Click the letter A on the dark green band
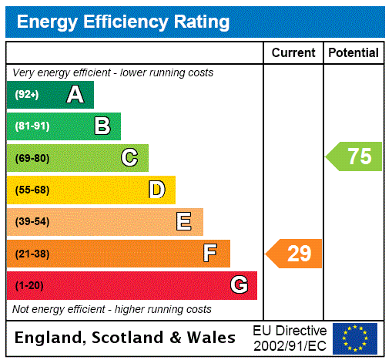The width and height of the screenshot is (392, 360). click(x=75, y=95)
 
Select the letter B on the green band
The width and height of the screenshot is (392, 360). click(x=102, y=126)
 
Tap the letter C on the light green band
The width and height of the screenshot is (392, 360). click(x=129, y=158)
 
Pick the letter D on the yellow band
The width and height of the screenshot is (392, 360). click(x=156, y=190)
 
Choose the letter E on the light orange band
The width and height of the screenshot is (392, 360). click(x=184, y=222)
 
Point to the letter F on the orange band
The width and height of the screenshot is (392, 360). click(x=210, y=253)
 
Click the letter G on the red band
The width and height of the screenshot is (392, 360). click(x=239, y=285)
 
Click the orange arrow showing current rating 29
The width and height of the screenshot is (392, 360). click(x=294, y=253)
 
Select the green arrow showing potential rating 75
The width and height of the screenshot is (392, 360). click(x=354, y=156)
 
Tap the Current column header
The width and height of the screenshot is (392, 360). click(x=293, y=53)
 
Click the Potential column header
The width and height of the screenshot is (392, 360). click(x=353, y=53)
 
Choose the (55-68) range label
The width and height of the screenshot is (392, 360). click(x=32, y=190)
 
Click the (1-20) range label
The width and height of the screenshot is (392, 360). click(x=29, y=286)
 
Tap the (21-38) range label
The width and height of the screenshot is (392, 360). click(x=32, y=254)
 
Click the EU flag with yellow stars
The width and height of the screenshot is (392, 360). click(x=355, y=338)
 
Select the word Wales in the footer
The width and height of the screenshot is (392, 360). click(x=210, y=338)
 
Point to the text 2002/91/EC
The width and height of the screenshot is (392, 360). click(x=290, y=345)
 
